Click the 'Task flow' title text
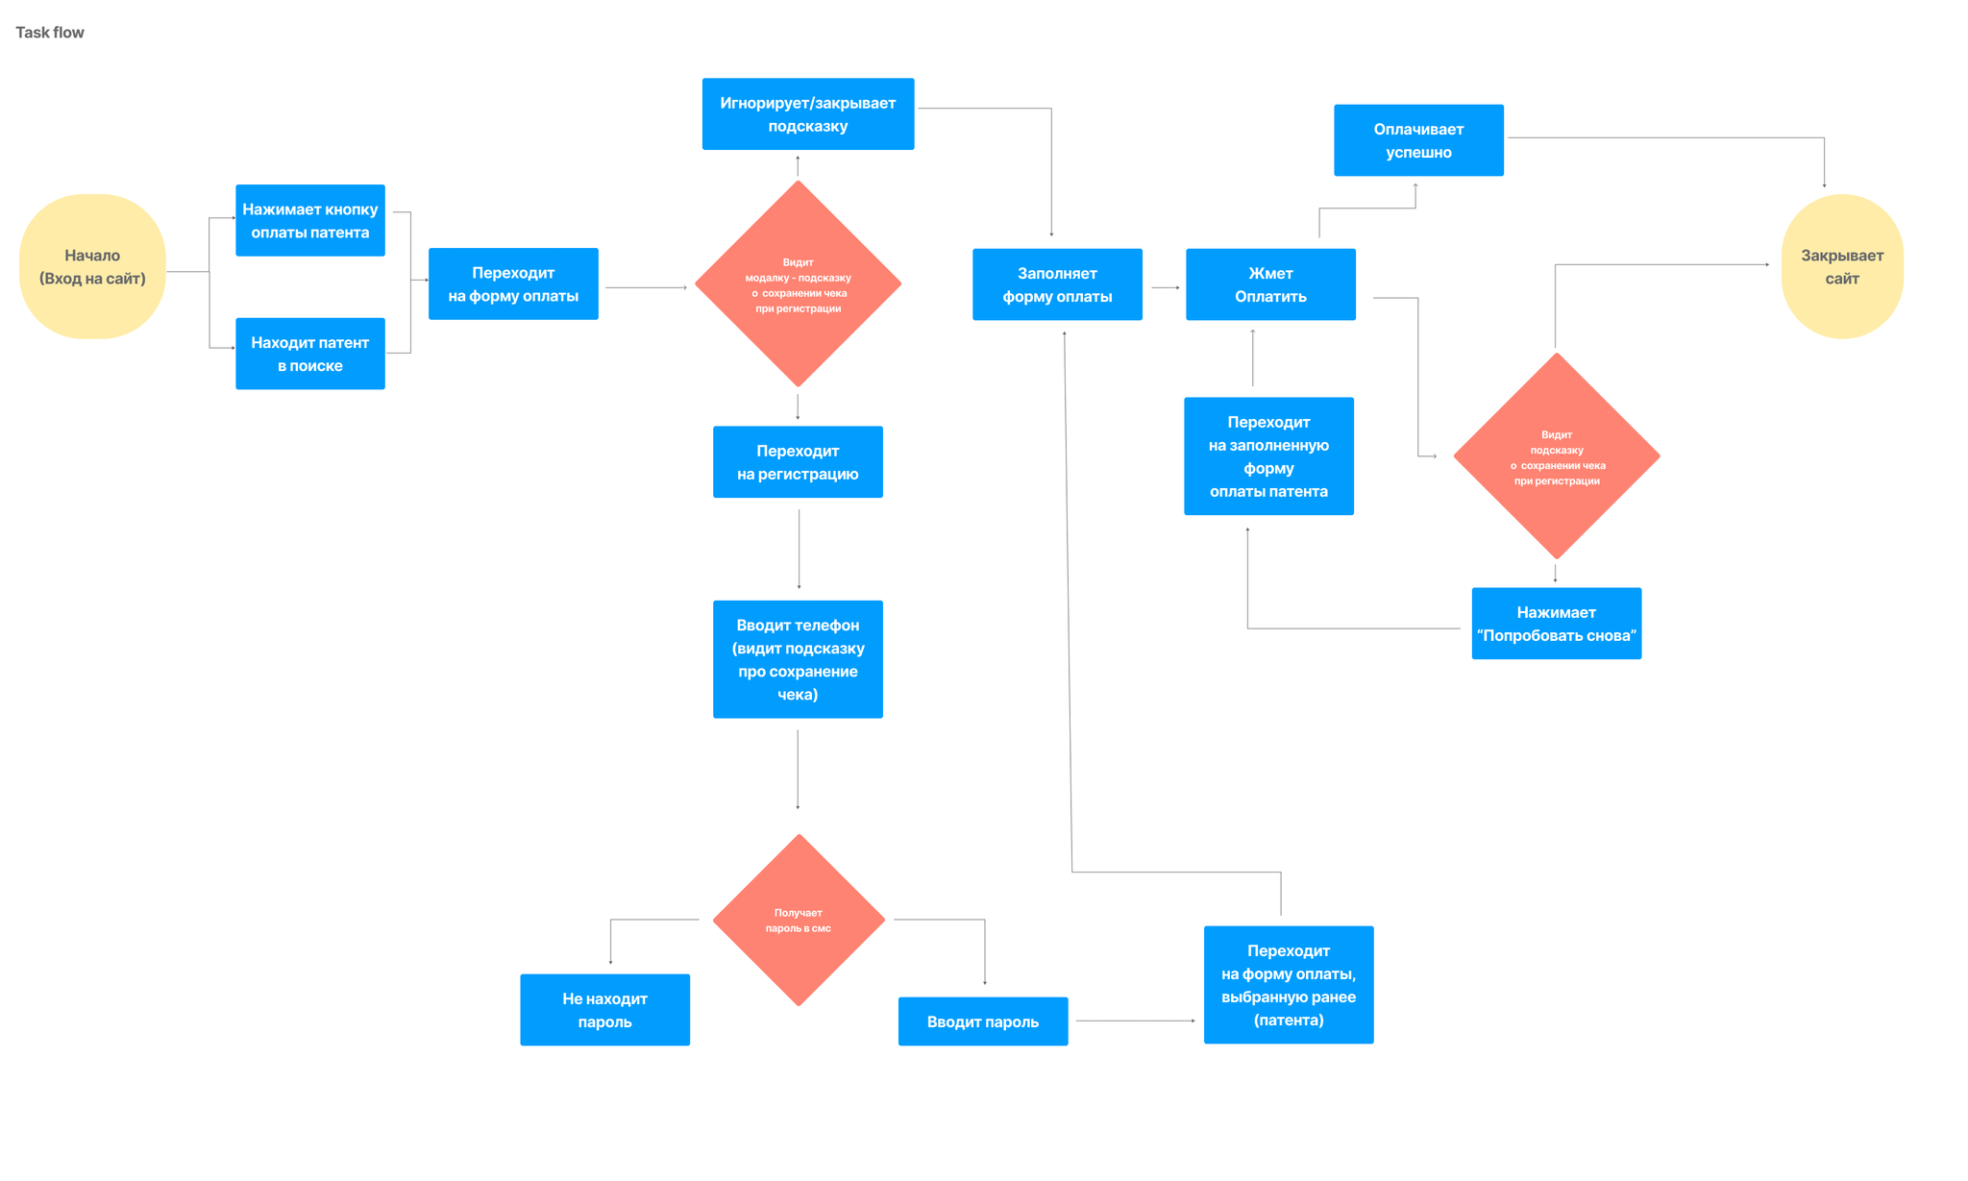(x=50, y=33)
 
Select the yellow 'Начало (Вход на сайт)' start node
(x=92, y=266)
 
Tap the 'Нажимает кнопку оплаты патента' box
(x=309, y=220)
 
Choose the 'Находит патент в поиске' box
(x=309, y=354)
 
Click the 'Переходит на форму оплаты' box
(x=513, y=283)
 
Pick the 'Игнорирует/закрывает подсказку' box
(x=807, y=113)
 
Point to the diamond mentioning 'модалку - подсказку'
(x=798, y=284)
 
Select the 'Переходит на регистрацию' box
(x=798, y=462)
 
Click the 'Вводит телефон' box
(x=798, y=659)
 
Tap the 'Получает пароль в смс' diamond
(x=799, y=920)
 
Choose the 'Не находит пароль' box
(x=604, y=1010)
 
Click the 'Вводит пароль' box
(x=982, y=1021)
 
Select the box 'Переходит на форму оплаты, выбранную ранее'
(x=1288, y=985)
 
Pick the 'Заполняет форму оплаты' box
(x=1057, y=284)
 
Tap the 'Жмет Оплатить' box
(x=1270, y=284)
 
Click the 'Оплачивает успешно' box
(x=1418, y=140)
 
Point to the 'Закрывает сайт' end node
(x=1842, y=266)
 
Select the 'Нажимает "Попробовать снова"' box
(x=1556, y=624)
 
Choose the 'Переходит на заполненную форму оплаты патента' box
(x=1268, y=456)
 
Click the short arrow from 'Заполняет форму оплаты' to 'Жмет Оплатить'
(x=1165, y=287)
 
